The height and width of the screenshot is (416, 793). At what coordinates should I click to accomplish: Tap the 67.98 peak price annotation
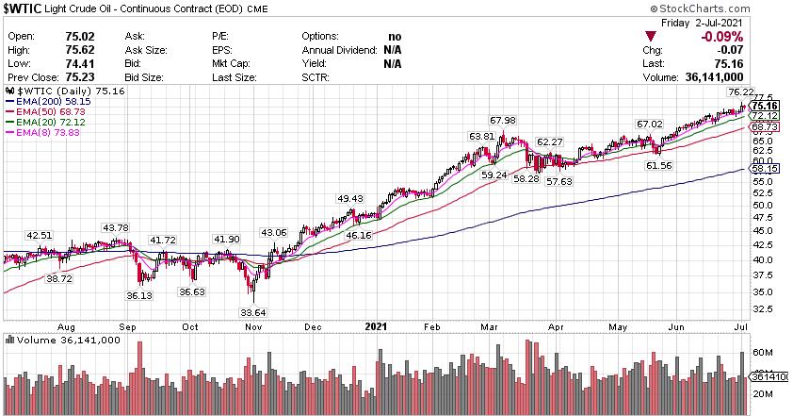coord(503,120)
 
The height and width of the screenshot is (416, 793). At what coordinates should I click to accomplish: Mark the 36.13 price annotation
coord(140,295)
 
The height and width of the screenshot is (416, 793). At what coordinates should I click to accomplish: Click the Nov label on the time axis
coord(251,326)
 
